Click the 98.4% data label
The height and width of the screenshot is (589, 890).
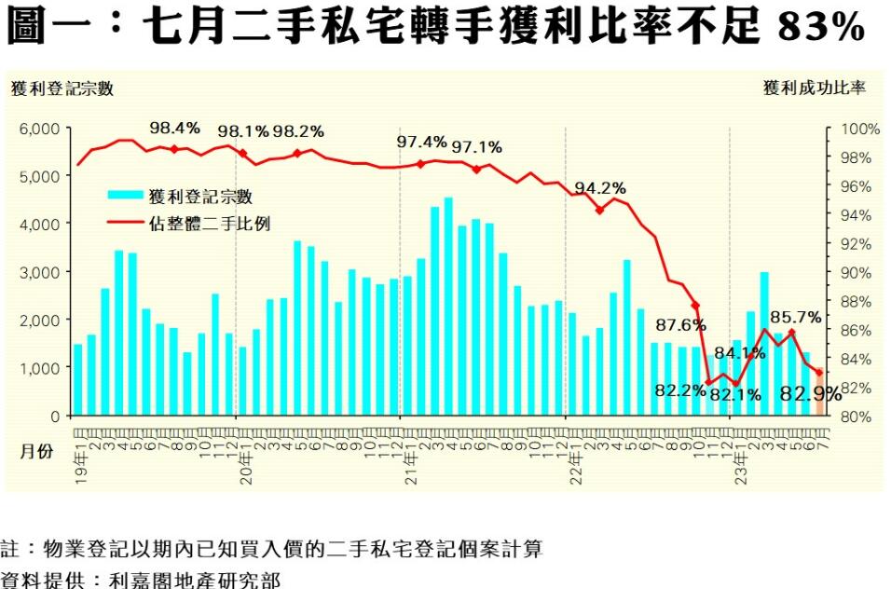[175, 128]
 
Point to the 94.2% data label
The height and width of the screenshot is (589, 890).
[599, 187]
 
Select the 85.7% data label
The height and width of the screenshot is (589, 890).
[795, 316]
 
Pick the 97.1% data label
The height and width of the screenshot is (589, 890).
[476, 146]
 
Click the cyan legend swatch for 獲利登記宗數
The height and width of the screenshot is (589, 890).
[125, 196]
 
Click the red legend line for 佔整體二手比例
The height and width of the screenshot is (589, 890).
[125, 224]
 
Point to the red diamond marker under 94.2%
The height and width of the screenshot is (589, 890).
[599, 210]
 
